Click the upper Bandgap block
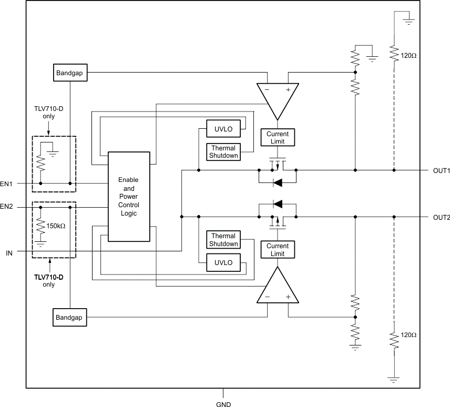70,73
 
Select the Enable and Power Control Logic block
129,197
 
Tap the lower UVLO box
223,263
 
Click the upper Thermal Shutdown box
223,151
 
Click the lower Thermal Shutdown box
223,240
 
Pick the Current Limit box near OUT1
278,138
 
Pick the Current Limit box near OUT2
278,250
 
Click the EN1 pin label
7,184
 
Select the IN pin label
9,253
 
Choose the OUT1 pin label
441,171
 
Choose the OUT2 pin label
441,217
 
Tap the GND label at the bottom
223,404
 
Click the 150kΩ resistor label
56,226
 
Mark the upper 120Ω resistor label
409,55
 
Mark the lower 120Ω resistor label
409,335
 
